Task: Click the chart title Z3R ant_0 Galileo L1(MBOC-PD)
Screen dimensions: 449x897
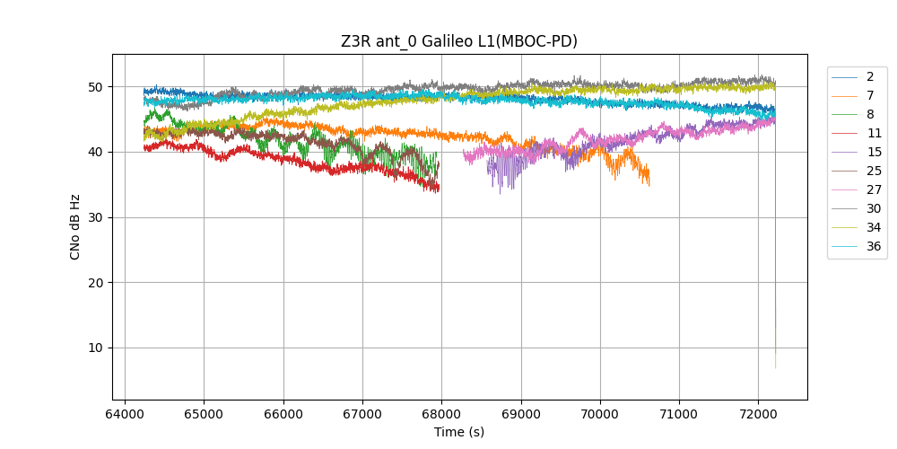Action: pyautogui.click(x=458, y=41)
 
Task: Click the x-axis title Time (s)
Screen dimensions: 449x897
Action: pyautogui.click(x=458, y=432)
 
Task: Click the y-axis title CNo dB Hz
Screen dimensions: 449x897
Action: pyautogui.click(x=74, y=226)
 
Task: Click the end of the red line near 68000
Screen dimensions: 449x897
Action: pyautogui.click(x=439, y=189)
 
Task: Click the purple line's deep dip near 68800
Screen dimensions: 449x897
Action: pyautogui.click(x=501, y=192)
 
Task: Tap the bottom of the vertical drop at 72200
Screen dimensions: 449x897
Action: pyautogui.click(x=776, y=367)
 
